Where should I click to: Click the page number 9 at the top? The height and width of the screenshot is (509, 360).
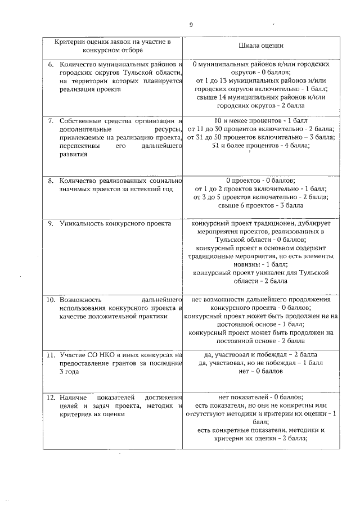click(x=191, y=25)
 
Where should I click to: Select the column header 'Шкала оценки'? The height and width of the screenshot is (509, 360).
click(x=261, y=46)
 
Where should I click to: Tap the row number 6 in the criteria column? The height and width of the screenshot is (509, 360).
click(x=50, y=65)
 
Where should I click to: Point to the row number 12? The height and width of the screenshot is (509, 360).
click(x=50, y=398)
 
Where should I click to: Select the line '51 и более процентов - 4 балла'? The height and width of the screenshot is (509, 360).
click(x=261, y=146)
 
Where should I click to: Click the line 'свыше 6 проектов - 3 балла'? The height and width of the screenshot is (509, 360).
click(x=261, y=205)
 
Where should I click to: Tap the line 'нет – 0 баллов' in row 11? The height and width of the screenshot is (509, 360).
click(x=261, y=372)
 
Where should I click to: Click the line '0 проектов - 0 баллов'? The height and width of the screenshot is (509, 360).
click(x=261, y=180)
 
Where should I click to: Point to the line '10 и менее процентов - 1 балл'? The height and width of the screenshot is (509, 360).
click(x=261, y=120)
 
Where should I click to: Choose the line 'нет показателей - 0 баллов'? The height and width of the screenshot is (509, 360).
click(x=261, y=397)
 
